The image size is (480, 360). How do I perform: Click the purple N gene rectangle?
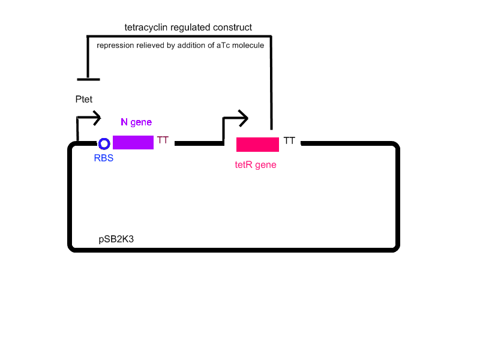[x=133, y=142]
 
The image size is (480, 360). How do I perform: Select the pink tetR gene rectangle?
[x=257, y=145]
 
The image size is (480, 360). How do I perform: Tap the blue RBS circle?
[x=104, y=144]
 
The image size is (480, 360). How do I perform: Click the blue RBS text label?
[x=104, y=158]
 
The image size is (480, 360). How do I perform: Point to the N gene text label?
[x=136, y=122]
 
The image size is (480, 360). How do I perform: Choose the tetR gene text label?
[x=256, y=164]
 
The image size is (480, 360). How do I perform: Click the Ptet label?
[x=84, y=99]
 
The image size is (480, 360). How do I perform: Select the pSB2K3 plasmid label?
[x=116, y=239]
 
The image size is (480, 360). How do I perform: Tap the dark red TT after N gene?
[x=163, y=140]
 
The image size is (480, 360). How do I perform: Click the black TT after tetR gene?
[x=289, y=140]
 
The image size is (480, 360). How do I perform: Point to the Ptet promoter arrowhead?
[x=96, y=118]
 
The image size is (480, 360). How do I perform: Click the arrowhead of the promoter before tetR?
[x=242, y=118]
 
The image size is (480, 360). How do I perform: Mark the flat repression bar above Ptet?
[x=88, y=79]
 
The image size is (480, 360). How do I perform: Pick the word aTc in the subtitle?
[x=223, y=46]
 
